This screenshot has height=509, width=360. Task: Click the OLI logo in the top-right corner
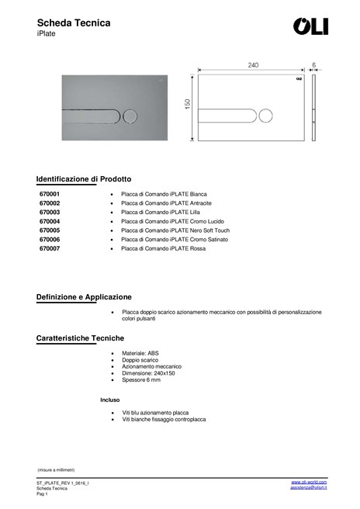point(310,26)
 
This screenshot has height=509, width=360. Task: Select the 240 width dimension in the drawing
point(253,65)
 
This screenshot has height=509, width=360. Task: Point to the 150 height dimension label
point(188,103)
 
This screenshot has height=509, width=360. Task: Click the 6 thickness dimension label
point(314,65)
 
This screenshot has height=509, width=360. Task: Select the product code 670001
point(50,194)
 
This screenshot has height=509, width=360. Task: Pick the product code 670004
point(50,221)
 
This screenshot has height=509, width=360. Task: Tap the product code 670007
point(50,249)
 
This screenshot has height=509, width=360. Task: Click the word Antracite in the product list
point(201,203)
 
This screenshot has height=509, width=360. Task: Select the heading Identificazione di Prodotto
point(84,178)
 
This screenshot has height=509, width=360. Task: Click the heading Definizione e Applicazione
point(84,297)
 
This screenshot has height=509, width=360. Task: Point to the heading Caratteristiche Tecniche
point(81,339)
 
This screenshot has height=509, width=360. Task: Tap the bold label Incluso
point(110,400)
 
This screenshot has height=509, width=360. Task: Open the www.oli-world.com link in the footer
point(309,482)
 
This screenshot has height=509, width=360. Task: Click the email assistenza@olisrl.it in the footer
point(308,487)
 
